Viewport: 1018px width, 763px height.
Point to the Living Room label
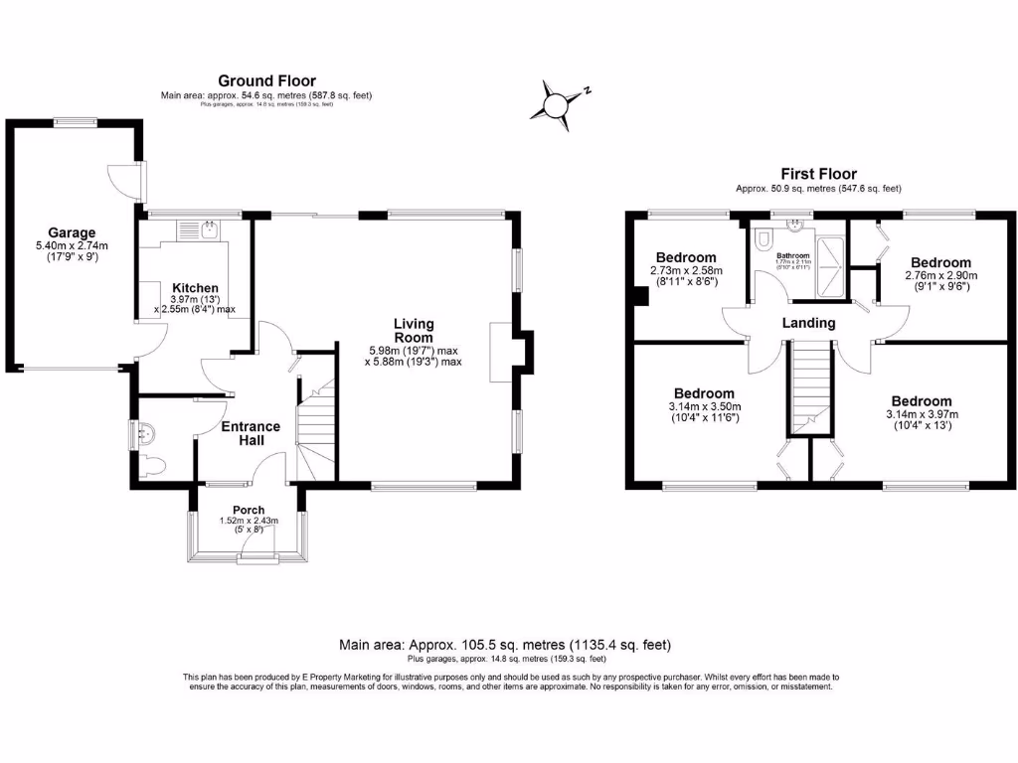414,331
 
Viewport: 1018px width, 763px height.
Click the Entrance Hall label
250,434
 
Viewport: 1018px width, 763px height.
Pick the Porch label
249,510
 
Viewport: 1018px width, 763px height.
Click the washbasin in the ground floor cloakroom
145,433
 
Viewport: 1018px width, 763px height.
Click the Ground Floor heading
266,81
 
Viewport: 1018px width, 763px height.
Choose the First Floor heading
818,174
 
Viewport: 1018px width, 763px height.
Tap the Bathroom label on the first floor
793,255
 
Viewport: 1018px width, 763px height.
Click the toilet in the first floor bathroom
763,240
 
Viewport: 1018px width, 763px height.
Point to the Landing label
808,323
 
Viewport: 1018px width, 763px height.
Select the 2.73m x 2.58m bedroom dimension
686,270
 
